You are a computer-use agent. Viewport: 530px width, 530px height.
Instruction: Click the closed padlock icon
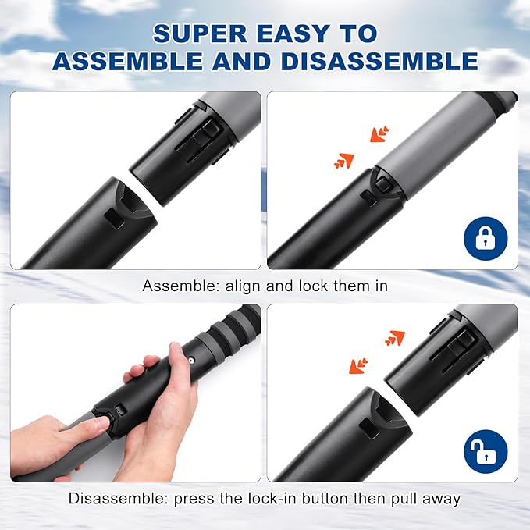pyautogui.click(x=485, y=237)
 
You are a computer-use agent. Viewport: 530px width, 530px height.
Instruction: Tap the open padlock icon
pyautogui.click(x=485, y=450)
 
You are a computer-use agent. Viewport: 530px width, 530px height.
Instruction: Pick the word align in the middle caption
pyautogui.click(x=242, y=286)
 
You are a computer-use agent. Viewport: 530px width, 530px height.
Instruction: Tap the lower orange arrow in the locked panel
pyautogui.click(x=343, y=160)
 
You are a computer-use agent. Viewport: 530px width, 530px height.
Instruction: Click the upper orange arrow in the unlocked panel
pyautogui.click(x=395, y=337)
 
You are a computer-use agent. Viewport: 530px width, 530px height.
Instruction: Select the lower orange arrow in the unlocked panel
pyautogui.click(x=359, y=365)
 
